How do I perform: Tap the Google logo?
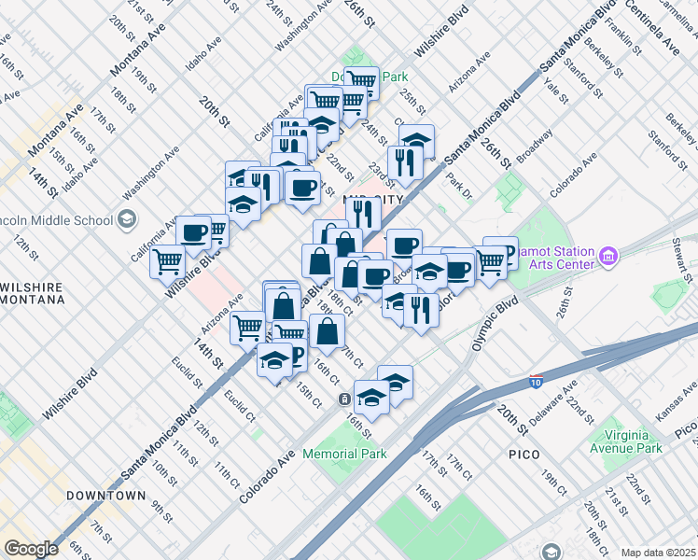tap(31, 548)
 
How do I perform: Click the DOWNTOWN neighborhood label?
tap(105, 496)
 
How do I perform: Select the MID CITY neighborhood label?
tap(373, 200)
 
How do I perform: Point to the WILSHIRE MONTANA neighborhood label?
tap(34, 293)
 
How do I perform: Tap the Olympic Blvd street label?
tap(494, 323)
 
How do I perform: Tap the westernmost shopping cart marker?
tap(168, 260)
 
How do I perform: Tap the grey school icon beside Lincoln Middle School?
tap(127, 221)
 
